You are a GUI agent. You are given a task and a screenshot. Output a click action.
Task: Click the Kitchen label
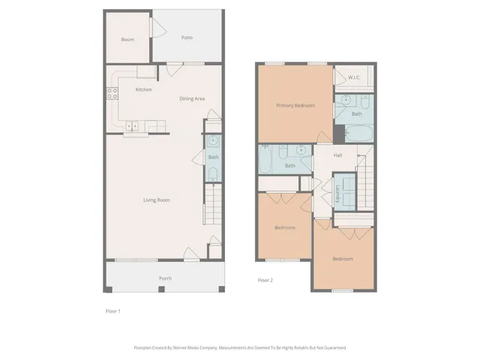click(x=143, y=89)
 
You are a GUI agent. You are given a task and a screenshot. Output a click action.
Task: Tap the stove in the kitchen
click(x=112, y=94)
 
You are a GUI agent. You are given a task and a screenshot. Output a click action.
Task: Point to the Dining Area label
click(x=192, y=98)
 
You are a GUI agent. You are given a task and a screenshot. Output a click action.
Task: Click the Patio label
click(x=187, y=37)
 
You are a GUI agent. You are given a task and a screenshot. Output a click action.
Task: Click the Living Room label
click(x=157, y=199)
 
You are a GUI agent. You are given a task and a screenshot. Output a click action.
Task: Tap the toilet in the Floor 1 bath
click(x=212, y=175)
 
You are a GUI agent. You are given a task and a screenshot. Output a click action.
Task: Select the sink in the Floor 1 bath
click(x=212, y=140)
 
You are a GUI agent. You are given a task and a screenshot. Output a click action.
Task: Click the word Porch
click(x=165, y=278)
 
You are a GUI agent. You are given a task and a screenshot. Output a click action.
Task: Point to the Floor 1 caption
click(x=112, y=310)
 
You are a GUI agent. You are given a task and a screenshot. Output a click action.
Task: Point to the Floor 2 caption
click(x=265, y=280)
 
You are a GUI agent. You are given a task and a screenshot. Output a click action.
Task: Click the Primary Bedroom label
click(x=295, y=106)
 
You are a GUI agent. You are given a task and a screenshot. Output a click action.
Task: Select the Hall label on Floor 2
click(x=337, y=154)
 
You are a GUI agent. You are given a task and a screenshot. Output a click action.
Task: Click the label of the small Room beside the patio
click(x=127, y=39)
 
